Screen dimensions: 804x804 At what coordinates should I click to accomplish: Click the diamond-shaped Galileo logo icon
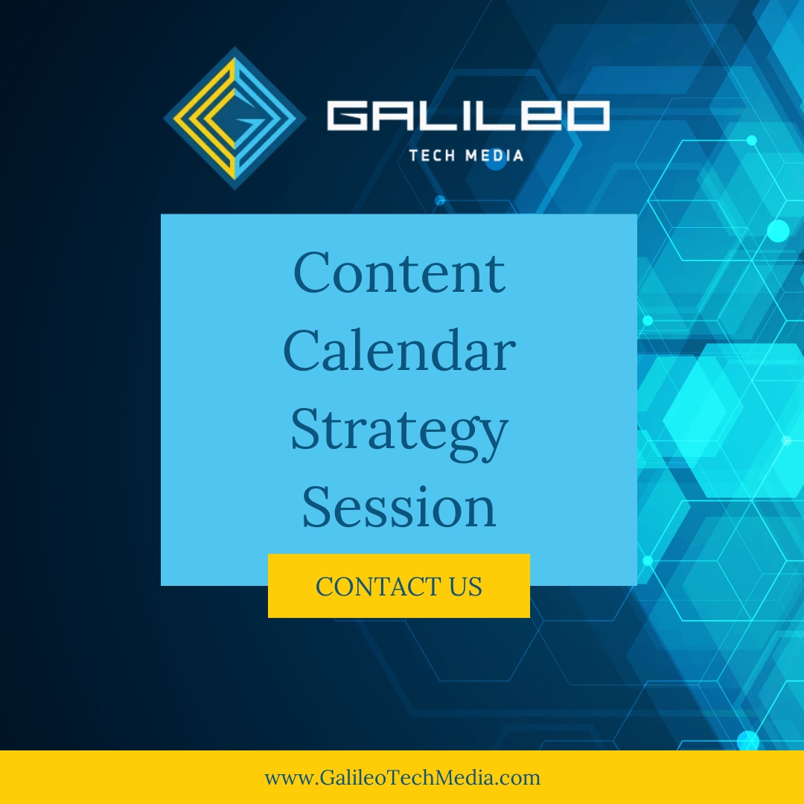click(234, 118)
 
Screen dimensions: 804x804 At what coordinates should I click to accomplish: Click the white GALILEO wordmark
click(468, 115)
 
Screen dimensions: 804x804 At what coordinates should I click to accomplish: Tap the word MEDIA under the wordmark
click(494, 156)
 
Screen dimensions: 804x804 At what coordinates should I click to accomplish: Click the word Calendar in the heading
click(399, 351)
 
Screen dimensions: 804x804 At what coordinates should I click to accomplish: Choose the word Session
click(399, 507)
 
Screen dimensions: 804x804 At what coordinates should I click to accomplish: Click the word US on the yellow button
click(465, 586)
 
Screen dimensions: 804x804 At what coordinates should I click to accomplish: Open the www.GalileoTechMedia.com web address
click(402, 778)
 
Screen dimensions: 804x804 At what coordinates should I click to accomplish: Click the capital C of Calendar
click(301, 351)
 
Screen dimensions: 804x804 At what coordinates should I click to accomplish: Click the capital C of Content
click(311, 272)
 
